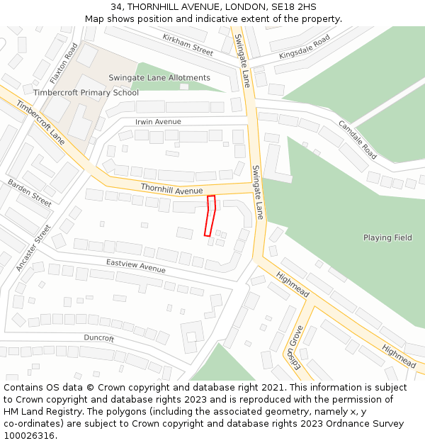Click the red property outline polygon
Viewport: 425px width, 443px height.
[x=210, y=215]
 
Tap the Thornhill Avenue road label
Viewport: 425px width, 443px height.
[x=171, y=189]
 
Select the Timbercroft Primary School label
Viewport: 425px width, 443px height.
[x=86, y=93]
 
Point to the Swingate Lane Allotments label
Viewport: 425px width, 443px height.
[x=159, y=77]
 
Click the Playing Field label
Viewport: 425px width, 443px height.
[x=387, y=237]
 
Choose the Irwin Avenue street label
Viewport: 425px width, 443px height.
[x=158, y=122]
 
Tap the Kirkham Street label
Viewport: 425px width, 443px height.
[x=188, y=45]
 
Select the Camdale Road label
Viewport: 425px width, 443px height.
[x=358, y=138]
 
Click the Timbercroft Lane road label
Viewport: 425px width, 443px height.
[x=40, y=123]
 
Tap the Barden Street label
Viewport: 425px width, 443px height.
[x=30, y=193]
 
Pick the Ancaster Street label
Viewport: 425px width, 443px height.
[x=33, y=248]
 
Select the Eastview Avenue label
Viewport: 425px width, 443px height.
[x=135, y=266]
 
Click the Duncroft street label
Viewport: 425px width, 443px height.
[x=98, y=338]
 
